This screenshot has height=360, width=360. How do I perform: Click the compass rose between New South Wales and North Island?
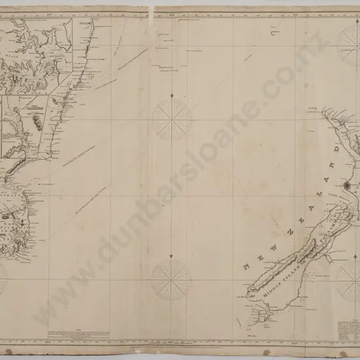171,118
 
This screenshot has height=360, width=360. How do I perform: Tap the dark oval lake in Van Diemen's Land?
9,213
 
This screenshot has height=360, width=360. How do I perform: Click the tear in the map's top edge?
152,8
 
